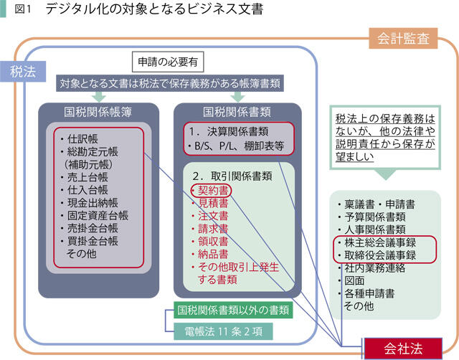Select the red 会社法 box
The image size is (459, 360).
pos(402,349)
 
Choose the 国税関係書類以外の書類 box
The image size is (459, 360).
pos(234,311)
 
